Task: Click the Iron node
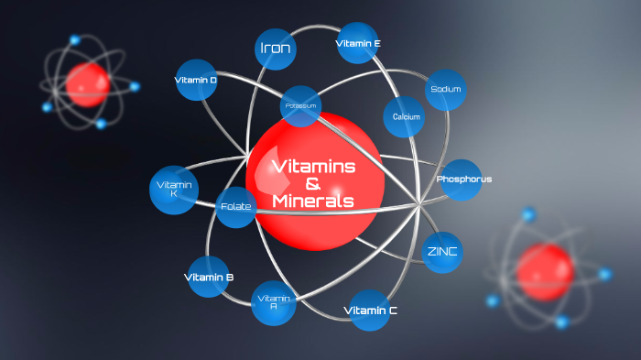276,49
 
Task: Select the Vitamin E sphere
358,43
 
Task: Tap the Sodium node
446,90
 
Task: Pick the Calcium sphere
406,116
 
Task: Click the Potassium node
300,105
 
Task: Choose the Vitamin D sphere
196,80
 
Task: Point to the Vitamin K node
173,190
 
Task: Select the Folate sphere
236,206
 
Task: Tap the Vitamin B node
209,277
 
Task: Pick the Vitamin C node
370,311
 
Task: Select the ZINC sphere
442,251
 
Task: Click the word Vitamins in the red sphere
313,166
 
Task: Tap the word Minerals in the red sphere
313,202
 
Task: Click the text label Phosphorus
464,180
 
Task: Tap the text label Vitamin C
370,311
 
